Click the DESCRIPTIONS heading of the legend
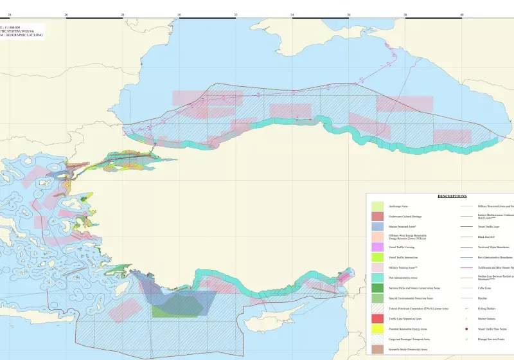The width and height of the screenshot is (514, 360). click(x=452, y=196)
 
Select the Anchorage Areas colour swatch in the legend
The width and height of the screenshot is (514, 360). click(x=378, y=206)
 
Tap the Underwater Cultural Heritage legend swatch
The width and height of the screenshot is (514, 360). click(x=378, y=216)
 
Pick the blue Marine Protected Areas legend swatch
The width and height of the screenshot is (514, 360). click(x=378, y=227)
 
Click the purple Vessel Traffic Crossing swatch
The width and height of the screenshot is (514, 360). click(x=378, y=247)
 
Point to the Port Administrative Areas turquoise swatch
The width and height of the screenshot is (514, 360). click(x=378, y=278)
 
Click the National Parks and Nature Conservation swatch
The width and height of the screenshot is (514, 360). click(x=378, y=288)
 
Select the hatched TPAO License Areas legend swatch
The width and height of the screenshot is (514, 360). click(x=378, y=309)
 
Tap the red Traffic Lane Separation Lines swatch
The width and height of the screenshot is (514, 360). click(x=378, y=319)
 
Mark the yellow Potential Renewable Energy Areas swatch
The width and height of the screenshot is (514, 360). click(x=378, y=328)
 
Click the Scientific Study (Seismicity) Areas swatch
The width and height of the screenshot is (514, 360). click(x=378, y=349)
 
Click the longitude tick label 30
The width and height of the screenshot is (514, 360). click(x=179, y=15)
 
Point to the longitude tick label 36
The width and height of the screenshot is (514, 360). click(x=349, y=15)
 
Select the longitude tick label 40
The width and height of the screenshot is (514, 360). click(x=461, y=15)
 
